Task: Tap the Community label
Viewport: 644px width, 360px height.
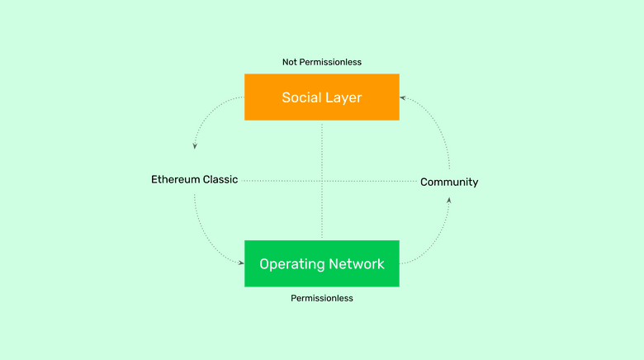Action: click(x=449, y=182)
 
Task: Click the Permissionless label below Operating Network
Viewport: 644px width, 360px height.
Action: click(x=321, y=298)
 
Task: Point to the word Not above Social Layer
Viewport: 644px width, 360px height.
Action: click(x=291, y=62)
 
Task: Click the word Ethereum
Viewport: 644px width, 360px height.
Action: click(x=175, y=179)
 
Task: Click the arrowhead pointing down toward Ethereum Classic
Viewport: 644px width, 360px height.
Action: click(x=195, y=146)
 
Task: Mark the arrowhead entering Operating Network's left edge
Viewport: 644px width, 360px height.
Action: click(x=241, y=263)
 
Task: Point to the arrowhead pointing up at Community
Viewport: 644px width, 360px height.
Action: click(x=449, y=200)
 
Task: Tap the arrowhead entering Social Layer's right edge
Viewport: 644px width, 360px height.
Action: click(x=403, y=97)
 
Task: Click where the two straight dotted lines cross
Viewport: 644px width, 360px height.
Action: click(x=321, y=180)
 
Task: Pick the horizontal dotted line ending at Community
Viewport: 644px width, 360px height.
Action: click(x=372, y=180)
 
